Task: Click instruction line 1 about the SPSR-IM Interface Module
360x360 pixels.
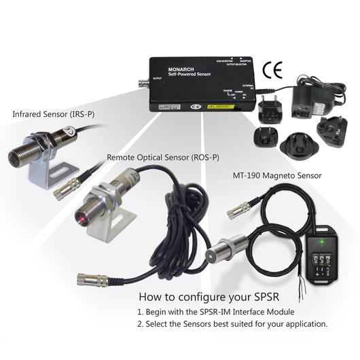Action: (x=225, y=311)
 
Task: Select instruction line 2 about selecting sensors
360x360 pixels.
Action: (x=233, y=324)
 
